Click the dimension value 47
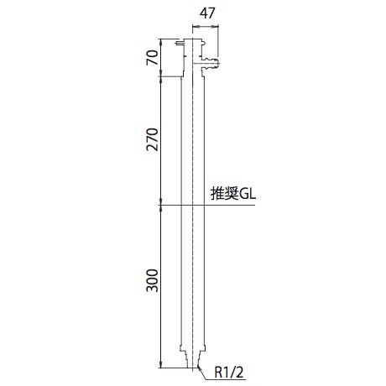[207, 13]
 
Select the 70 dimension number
[152, 58]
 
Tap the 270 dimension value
[152, 139]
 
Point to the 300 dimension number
[152, 280]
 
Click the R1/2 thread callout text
[229, 372]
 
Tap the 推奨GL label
[233, 194]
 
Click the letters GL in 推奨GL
[248, 194]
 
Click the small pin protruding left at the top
[179, 43]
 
